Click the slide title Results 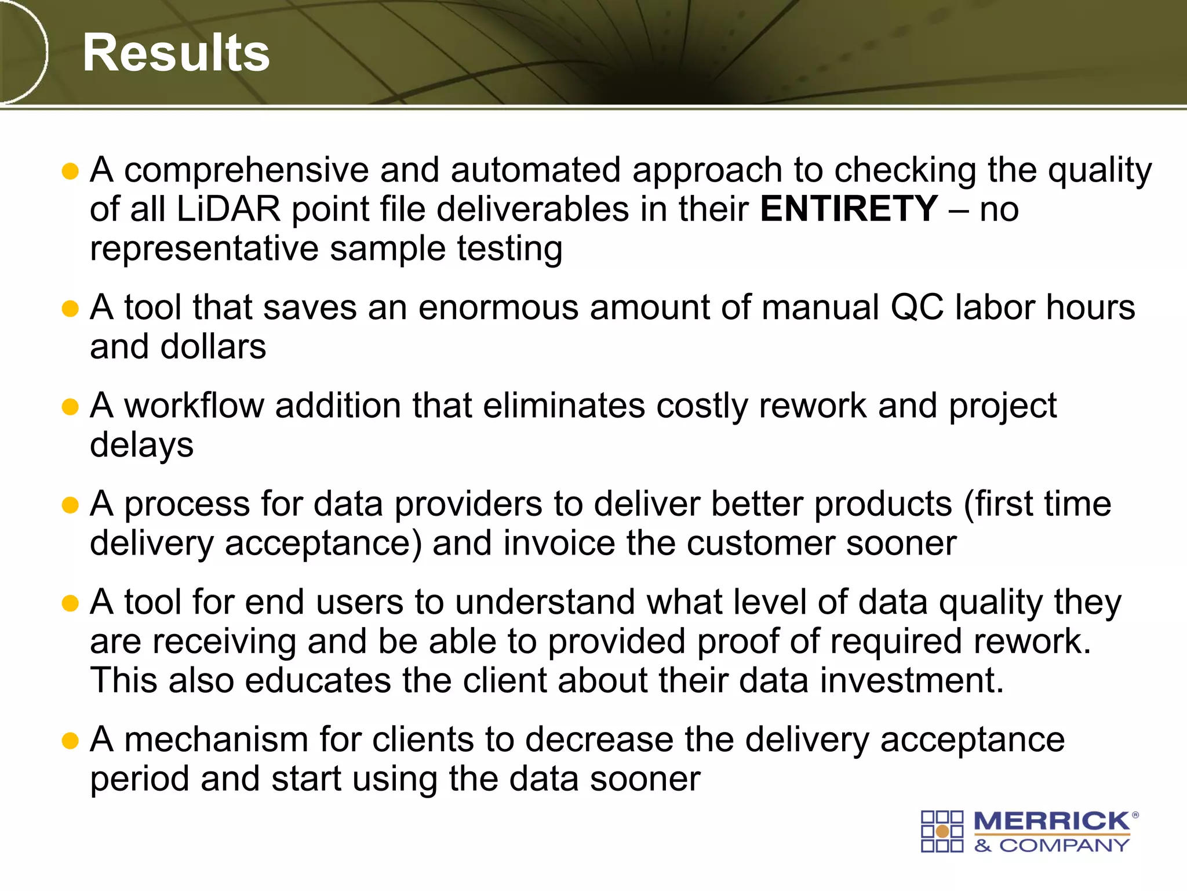pyautogui.click(x=176, y=53)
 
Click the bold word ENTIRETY pyautogui.click(x=849, y=209)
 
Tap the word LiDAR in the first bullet pyautogui.click(x=228, y=209)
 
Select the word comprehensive pyautogui.click(x=246, y=171)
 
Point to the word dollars pyautogui.click(x=213, y=347)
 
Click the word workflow pyautogui.click(x=194, y=405)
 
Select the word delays pyautogui.click(x=141, y=445)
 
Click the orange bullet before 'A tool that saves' pyautogui.click(x=70, y=309)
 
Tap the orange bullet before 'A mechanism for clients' pyautogui.click(x=70, y=741)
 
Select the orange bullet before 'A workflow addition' pyautogui.click(x=70, y=407)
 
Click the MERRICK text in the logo pyautogui.click(x=1051, y=821)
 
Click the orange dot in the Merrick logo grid pyautogui.click(x=942, y=831)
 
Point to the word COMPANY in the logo pyautogui.click(x=1064, y=846)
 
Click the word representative pyautogui.click(x=204, y=248)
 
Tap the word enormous pyautogui.click(x=498, y=307)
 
